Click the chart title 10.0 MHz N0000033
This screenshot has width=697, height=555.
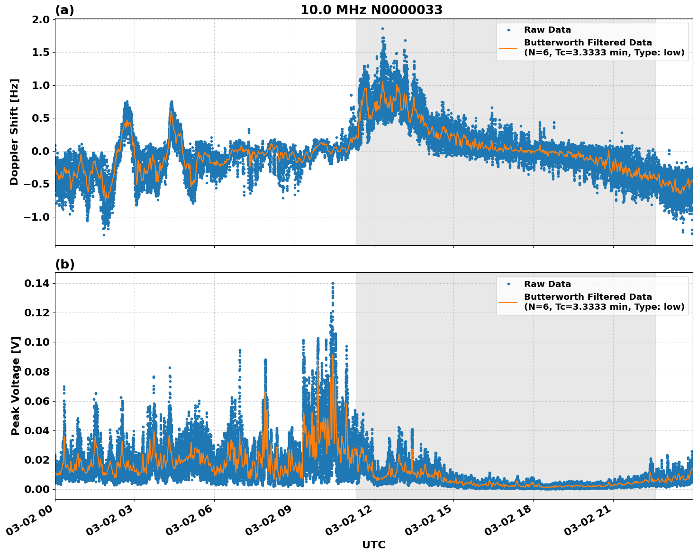[371, 10]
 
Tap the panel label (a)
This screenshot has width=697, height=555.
[64, 10]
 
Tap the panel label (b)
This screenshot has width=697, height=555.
[64, 264]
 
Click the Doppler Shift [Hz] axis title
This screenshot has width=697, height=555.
[14, 132]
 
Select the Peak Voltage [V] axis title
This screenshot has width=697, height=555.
[16, 385]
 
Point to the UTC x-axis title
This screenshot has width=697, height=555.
[373, 545]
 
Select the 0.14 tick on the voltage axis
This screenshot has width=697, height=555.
[38, 283]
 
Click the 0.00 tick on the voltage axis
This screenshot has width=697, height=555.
[38, 489]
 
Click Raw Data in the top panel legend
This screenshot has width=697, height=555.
[547, 30]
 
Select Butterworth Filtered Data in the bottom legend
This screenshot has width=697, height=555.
[588, 297]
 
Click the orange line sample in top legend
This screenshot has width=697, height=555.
[508, 47]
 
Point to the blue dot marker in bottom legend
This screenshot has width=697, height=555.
[508, 284]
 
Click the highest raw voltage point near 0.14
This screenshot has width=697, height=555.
[333, 283]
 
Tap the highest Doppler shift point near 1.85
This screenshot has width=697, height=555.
[382, 28]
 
